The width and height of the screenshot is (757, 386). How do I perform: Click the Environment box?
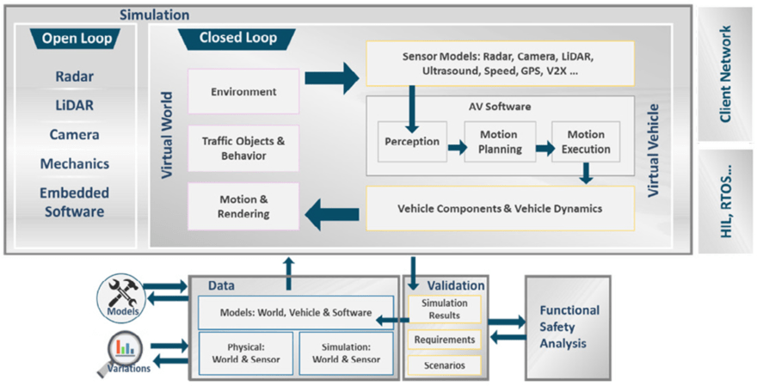pyautogui.click(x=243, y=91)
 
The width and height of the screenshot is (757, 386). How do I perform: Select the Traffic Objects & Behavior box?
pyautogui.click(x=243, y=148)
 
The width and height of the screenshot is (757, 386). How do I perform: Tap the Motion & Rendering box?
pyautogui.click(x=243, y=206)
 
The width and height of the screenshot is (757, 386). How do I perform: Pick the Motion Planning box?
pyautogui.click(x=500, y=142)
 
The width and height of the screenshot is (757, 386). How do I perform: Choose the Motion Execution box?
pyautogui.click(x=586, y=142)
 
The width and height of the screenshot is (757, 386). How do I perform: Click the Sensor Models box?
pyautogui.click(x=500, y=63)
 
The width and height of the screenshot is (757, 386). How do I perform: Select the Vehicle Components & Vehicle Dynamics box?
pyautogui.click(x=500, y=208)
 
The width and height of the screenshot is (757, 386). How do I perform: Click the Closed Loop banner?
pyautogui.click(x=236, y=38)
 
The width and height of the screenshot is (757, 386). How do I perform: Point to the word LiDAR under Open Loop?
pyautogui.click(x=75, y=106)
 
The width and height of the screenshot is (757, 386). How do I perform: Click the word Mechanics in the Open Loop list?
pyautogui.click(x=75, y=163)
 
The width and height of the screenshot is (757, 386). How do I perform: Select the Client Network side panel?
pyautogui.click(x=725, y=75)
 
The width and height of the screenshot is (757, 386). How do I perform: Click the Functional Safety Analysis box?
pyautogui.click(x=568, y=327)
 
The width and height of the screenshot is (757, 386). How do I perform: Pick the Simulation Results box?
pyautogui.click(x=444, y=309)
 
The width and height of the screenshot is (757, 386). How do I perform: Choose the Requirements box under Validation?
pyautogui.click(x=444, y=340)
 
